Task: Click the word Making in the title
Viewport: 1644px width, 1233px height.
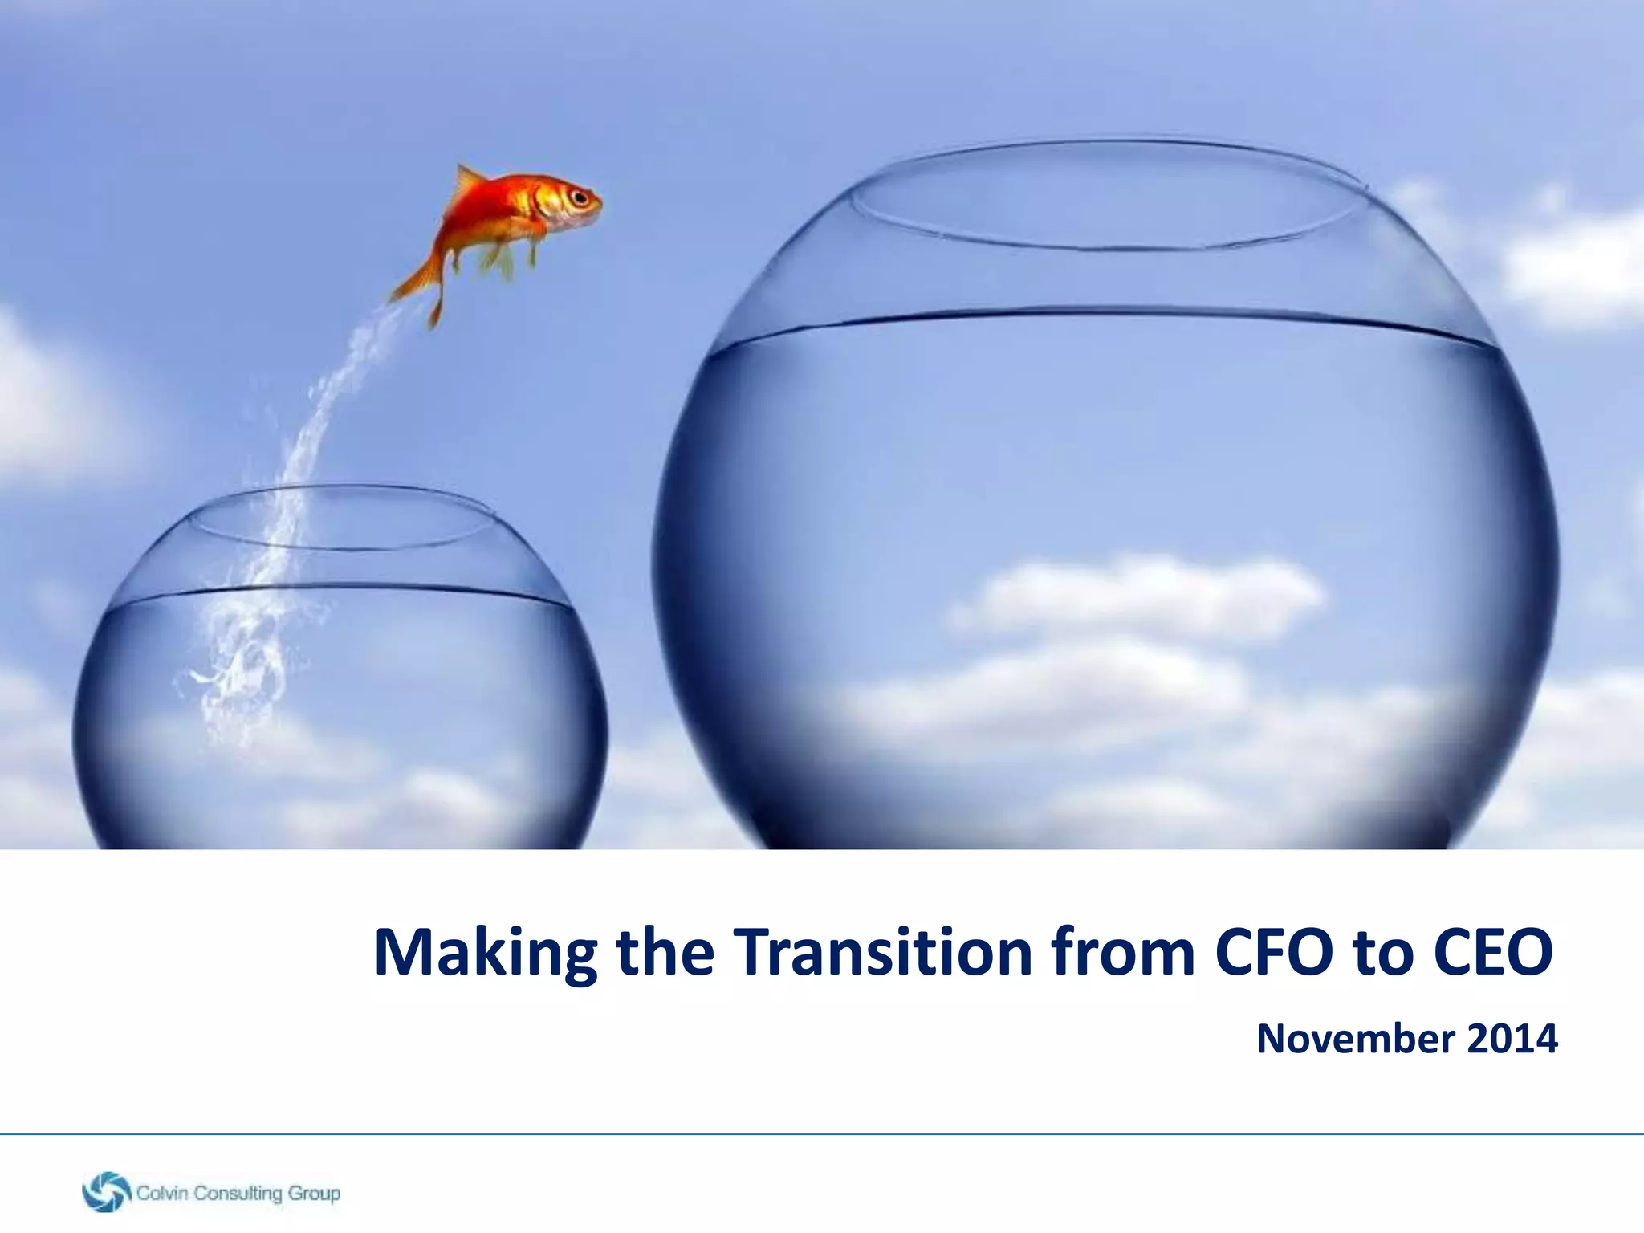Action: [486, 954]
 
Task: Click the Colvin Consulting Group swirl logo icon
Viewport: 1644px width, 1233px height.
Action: [106, 1191]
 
